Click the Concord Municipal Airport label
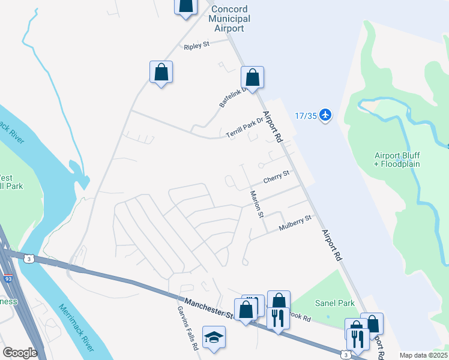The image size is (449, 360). pos(229,19)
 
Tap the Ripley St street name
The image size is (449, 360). pos(196,46)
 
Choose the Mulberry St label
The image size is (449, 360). pos(296,223)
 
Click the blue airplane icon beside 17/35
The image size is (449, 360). pos(325,115)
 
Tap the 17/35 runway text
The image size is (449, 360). pos(306,115)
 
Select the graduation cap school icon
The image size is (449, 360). pos(214,338)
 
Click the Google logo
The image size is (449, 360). pos(20,353)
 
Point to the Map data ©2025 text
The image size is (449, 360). pos(423,355)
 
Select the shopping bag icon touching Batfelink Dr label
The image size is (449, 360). pos(252,78)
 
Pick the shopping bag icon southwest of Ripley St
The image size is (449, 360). pos(161,73)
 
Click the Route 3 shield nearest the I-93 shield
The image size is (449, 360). pos(28,259)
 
